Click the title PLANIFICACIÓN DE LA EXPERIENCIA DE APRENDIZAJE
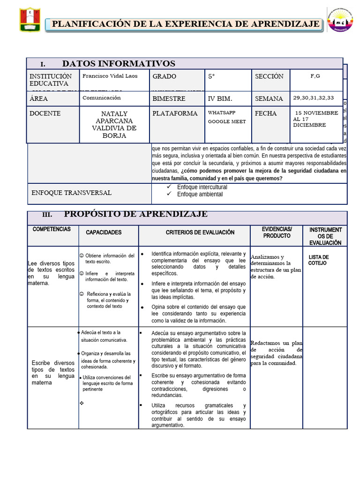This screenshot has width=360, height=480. point(186,24)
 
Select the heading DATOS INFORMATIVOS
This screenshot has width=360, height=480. point(119,64)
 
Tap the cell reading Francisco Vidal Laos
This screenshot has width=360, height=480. point(110,76)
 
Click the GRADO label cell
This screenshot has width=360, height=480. point(165,76)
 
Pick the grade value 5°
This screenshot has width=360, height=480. point(212,76)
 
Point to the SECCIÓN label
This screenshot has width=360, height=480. point(269,76)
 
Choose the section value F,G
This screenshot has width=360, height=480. point(315,75)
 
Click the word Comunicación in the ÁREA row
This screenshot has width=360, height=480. point(102,98)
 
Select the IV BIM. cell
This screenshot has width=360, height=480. point(220,99)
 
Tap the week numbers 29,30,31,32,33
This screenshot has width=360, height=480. point(314,98)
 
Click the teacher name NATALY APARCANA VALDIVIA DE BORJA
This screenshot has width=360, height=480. point(114,125)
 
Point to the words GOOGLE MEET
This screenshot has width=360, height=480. point(227,122)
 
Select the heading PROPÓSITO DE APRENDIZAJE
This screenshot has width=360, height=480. point(136,214)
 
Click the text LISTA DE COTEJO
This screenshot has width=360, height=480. point(318,260)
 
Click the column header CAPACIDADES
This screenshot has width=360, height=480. point(104,232)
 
